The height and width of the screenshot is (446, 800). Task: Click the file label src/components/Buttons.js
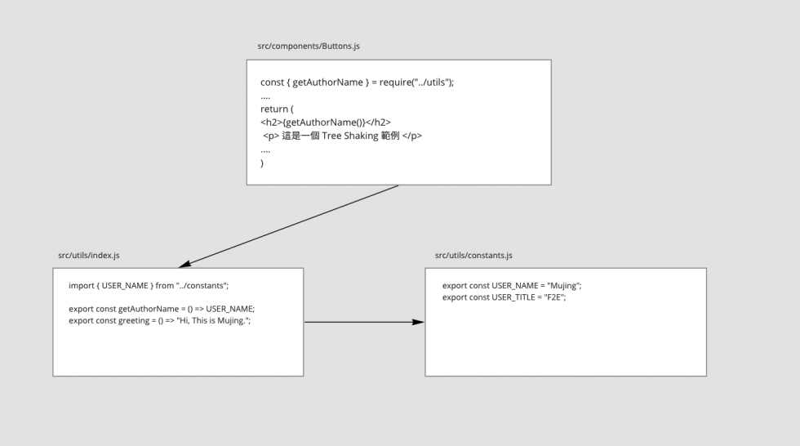coord(309,46)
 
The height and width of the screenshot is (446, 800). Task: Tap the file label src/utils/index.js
coord(89,255)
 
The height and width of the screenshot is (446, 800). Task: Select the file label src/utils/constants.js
coord(473,255)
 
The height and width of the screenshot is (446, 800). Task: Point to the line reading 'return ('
coord(277,109)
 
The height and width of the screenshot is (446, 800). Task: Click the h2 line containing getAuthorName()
coord(326,123)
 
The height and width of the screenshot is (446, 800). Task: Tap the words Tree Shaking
coord(350,136)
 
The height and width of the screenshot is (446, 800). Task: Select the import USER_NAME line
coord(149,286)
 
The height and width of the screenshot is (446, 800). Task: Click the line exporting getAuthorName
coord(162,309)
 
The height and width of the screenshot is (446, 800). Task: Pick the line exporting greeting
coord(160,320)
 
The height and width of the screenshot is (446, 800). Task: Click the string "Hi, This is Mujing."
coord(213,320)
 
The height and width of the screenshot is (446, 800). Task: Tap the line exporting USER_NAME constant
coord(512,286)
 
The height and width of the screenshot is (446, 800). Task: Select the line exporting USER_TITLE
coord(504,297)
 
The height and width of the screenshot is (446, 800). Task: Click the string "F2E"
coord(553,297)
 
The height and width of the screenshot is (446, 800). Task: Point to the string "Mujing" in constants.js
coord(563,286)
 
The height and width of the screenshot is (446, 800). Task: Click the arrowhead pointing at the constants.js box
coord(418,322)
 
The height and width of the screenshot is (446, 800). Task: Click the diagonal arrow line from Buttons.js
coord(288,226)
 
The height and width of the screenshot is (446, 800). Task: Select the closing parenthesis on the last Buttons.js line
coord(262,163)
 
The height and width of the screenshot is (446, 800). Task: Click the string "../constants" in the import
coord(201,286)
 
